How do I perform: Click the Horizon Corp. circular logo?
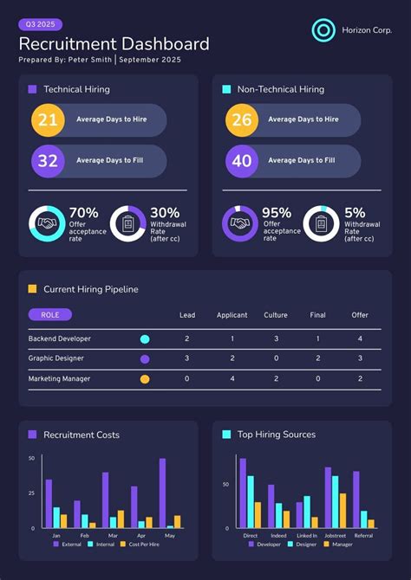point(323,30)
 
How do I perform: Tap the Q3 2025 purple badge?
point(40,25)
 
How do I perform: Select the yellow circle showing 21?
point(48,120)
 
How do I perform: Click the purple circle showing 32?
point(48,160)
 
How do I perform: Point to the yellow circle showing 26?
point(242,120)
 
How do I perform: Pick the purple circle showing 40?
point(242,160)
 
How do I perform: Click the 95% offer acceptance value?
point(277,213)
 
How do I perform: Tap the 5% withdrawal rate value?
point(355,213)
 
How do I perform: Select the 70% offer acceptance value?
point(83,213)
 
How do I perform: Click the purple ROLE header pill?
point(50,315)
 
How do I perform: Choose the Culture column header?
point(276,315)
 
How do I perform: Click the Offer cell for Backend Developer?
point(360,338)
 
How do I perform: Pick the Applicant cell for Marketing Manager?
point(232,378)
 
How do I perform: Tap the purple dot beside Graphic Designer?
point(145,358)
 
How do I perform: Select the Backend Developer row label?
point(59,338)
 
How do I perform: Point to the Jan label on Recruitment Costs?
point(56,536)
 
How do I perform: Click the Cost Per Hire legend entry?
point(140,544)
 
